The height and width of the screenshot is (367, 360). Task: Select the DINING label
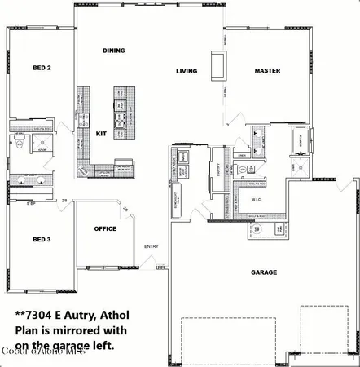click(x=113, y=51)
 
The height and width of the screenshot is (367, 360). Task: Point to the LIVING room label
click(x=187, y=71)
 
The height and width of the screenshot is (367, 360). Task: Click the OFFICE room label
click(x=104, y=228)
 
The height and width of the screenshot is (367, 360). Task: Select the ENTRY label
click(x=151, y=245)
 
